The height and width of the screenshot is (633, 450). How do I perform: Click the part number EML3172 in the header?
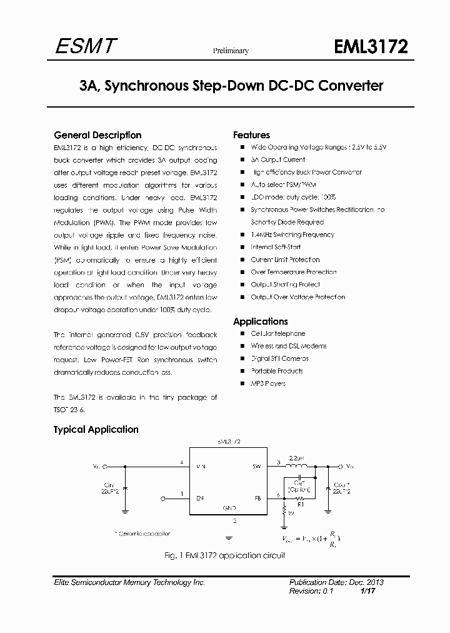(x=371, y=48)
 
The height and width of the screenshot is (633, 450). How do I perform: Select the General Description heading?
(x=97, y=135)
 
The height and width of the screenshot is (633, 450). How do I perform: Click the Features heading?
(x=251, y=135)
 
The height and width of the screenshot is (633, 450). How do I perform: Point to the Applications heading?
(x=260, y=322)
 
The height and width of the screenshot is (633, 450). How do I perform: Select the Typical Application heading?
(x=96, y=430)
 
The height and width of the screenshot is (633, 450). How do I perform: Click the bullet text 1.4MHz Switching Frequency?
(x=292, y=235)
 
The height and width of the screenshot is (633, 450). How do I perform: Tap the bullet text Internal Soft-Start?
(x=276, y=247)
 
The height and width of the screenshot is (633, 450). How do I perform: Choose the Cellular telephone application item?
(x=278, y=334)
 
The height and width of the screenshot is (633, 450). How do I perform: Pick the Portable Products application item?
(x=276, y=371)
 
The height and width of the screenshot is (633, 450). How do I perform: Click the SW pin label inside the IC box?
(x=256, y=467)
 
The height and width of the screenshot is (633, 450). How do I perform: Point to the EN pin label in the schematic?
(x=200, y=499)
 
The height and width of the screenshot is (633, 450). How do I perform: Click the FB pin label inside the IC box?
(x=257, y=499)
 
